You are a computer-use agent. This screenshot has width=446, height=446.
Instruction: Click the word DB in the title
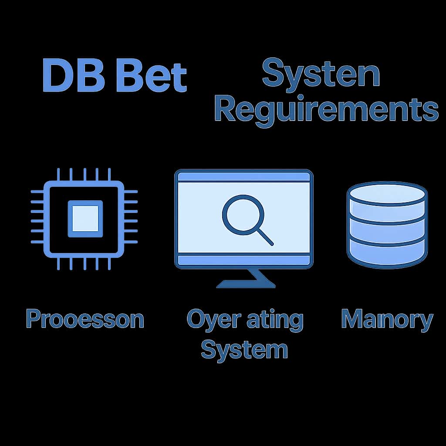[x=74, y=77]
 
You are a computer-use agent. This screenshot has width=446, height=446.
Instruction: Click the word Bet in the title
[x=153, y=77]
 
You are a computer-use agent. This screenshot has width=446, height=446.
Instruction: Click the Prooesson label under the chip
[x=85, y=319]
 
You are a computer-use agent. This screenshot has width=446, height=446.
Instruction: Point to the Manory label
[x=387, y=319]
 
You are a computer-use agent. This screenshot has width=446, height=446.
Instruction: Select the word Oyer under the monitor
[x=209, y=320]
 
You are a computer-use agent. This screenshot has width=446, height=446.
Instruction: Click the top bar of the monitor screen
[x=243, y=177]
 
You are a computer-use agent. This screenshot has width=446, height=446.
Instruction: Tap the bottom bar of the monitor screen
[x=243, y=260]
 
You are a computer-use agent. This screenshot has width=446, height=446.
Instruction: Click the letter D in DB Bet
[x=58, y=77]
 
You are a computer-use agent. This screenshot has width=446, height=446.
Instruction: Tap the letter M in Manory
[x=352, y=319]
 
